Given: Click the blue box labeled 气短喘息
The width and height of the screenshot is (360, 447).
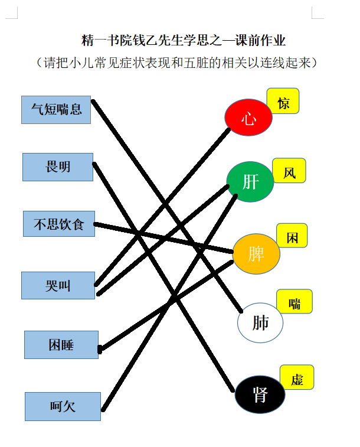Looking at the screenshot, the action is click(56, 110).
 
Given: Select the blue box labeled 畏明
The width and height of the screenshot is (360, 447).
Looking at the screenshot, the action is click(58, 167).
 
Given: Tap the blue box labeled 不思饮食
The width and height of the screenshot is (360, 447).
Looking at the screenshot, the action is click(59, 224).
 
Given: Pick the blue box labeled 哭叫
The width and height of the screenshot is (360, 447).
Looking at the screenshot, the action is click(58, 285).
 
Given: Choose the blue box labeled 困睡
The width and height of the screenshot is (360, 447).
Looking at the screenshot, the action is click(61, 345).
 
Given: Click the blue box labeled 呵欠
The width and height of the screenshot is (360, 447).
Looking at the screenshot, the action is click(63, 406).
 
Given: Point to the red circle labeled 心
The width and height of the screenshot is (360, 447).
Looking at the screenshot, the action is click(248, 117).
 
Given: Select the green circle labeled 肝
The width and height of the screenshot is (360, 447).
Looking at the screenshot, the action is click(250, 182).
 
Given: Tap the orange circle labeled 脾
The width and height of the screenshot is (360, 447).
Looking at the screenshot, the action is click(256, 254).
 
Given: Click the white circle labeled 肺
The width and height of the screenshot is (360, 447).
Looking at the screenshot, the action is click(260, 323).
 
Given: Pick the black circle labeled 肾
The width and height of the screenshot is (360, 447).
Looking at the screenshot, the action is click(260, 394).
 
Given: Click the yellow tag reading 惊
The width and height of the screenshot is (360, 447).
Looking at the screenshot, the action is click(283, 101).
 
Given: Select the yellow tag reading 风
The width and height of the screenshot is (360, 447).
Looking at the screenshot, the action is click(289, 171).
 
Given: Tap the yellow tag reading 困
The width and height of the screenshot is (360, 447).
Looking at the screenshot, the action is click(292, 236).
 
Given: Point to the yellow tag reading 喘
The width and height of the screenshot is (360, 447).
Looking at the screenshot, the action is click(294, 301).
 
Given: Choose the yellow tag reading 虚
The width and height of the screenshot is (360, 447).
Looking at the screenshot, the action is click(297, 377).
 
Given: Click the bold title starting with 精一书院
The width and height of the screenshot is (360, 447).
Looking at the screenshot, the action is click(183, 40).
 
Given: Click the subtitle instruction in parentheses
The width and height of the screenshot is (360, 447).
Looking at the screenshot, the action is click(176, 63).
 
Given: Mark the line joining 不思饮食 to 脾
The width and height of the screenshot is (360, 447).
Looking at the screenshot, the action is click(163, 238).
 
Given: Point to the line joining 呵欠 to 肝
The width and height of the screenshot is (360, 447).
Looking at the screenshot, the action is click(169, 303).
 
